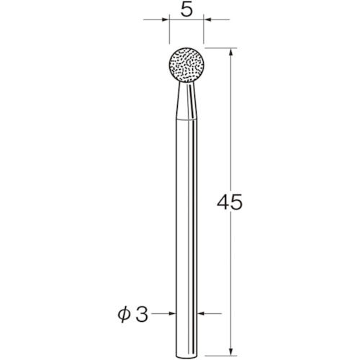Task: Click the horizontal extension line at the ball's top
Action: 216,49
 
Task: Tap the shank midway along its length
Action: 186,230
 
